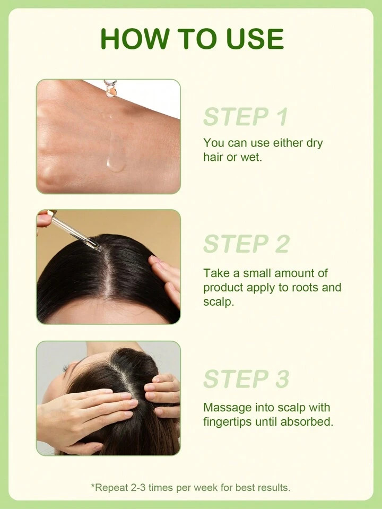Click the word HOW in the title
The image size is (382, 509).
tap(134, 39)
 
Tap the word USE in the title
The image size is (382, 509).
tap(255, 39)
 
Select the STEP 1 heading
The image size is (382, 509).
tap(246, 117)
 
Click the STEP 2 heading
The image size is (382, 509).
tap(246, 244)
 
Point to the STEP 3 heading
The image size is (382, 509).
tap(246, 378)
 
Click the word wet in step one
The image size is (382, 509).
tap(251, 158)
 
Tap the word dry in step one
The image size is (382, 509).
tap(313, 143)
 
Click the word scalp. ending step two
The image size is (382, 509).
tap(218, 302)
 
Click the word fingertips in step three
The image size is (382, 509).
tap(228, 421)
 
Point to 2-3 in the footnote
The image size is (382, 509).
tap(137, 488)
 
